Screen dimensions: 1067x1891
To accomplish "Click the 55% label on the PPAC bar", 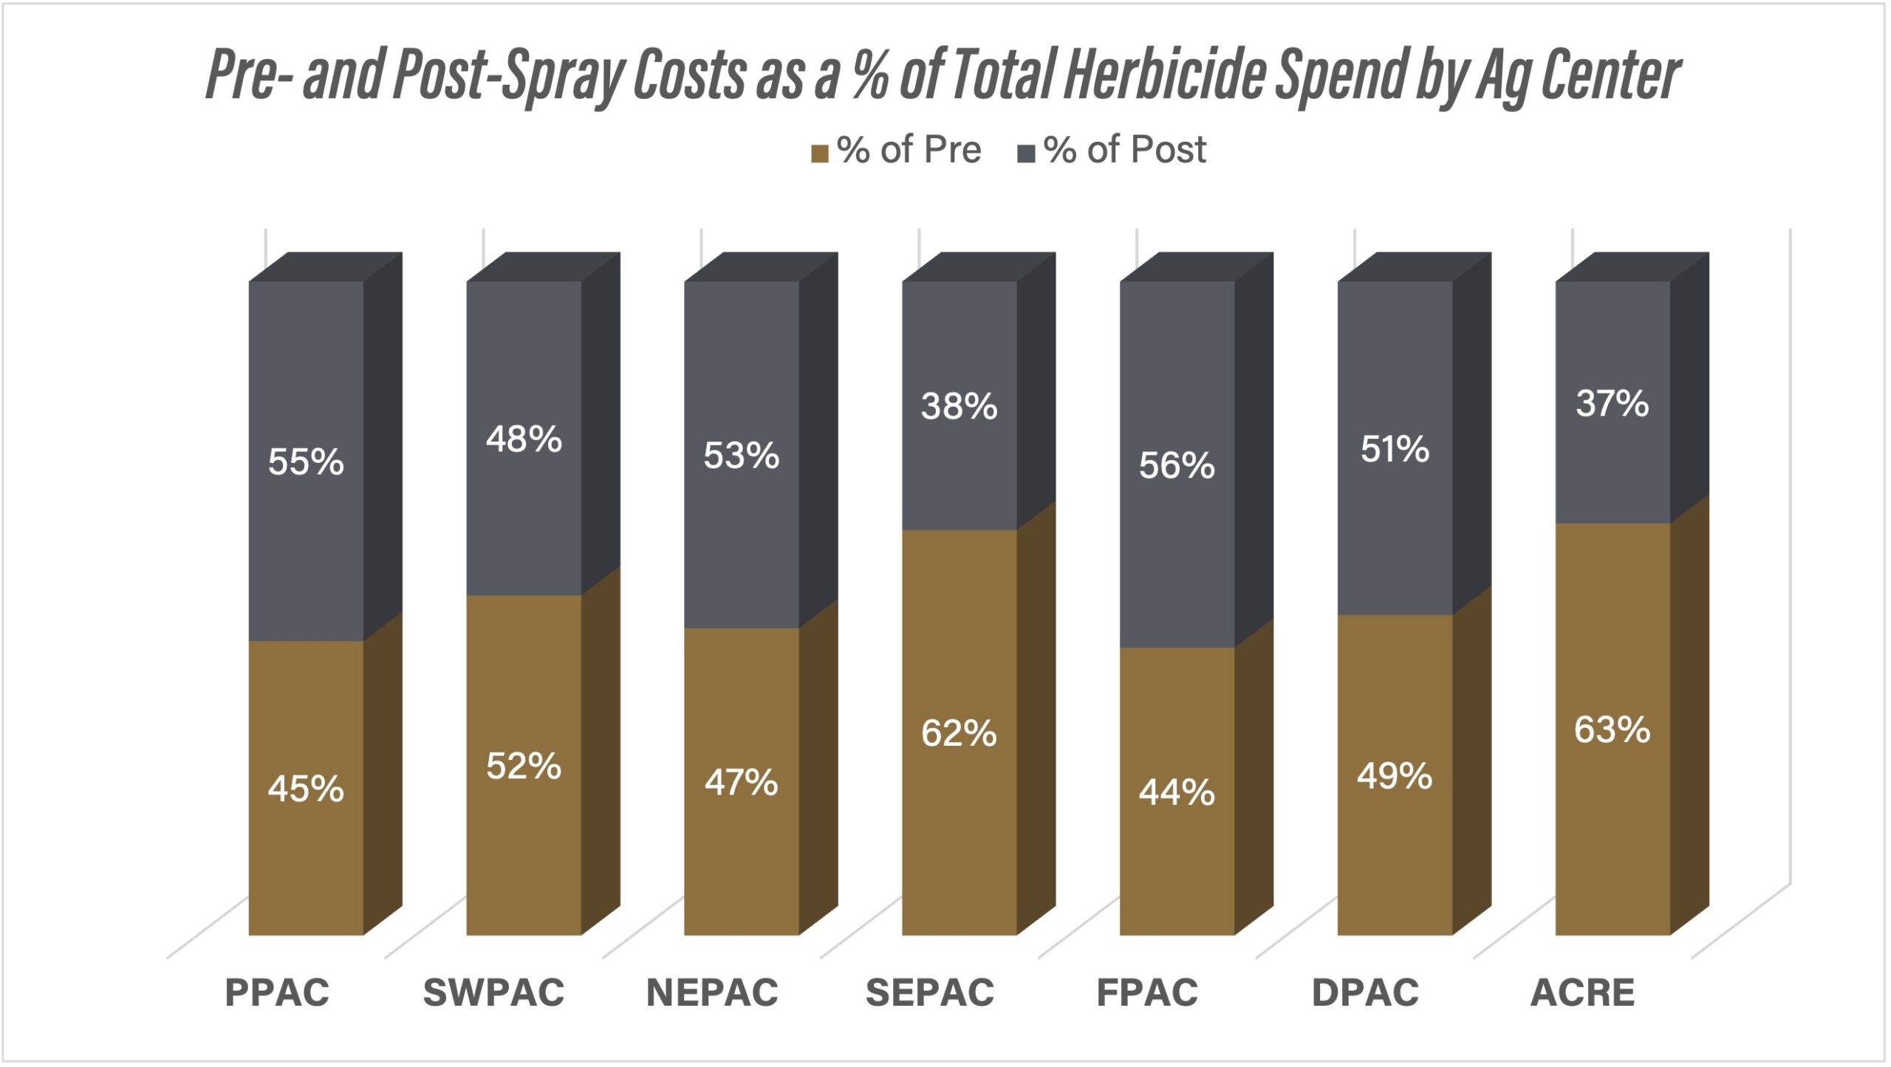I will point(306,462).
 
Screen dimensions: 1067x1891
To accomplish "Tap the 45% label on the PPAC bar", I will point(306,789).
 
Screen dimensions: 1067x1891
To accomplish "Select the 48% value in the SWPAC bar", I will point(524,439).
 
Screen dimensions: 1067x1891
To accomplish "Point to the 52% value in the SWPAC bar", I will point(524,766).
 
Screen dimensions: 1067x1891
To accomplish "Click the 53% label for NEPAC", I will point(741,456).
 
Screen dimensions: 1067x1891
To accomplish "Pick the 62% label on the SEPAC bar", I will point(959,734).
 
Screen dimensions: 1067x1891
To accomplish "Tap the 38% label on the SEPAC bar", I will point(959,407).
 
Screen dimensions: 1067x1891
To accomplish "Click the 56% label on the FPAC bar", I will point(1177,466).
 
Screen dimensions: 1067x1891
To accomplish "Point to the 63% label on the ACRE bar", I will point(1612,730).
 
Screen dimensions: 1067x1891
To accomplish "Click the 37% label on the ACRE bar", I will point(1612,404).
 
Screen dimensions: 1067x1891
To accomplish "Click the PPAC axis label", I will point(277,992).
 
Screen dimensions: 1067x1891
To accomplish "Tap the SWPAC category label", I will point(493,992).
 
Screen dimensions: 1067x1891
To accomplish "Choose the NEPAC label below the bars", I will point(712,992).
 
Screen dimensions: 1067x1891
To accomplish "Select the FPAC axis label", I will point(1147,992).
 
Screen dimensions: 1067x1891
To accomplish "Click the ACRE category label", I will point(1582,992).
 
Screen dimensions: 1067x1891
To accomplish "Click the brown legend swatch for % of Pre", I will point(819,154).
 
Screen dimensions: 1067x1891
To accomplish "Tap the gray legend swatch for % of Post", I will point(1026,154).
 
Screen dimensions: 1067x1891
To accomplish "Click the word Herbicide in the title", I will point(1166,75).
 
